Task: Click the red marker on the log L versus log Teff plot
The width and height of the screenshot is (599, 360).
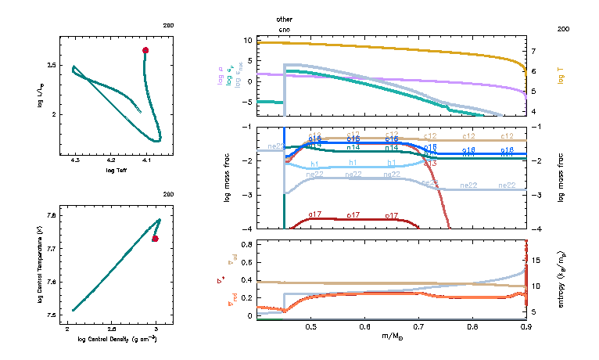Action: [x=145, y=50]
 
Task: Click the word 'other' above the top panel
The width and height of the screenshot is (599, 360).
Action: [x=285, y=18]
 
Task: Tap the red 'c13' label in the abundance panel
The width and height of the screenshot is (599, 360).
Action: [x=429, y=163]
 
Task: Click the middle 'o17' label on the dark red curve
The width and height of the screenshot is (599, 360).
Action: [x=353, y=214]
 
